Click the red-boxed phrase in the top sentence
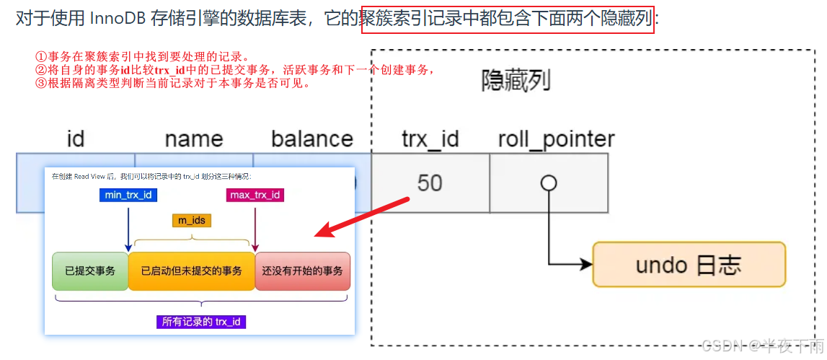click(508, 18)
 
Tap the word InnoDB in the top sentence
click(118, 19)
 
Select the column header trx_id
click(430, 139)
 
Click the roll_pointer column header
click(556, 139)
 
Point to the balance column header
click(312, 139)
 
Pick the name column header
click(194, 139)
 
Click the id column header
click(76, 139)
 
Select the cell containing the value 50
click(430, 183)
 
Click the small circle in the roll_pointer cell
click(549, 183)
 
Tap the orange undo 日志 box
click(689, 265)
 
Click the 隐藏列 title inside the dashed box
click(516, 81)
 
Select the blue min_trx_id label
click(128, 195)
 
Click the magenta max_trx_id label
click(255, 195)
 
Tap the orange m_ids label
click(192, 220)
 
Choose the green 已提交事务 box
click(90, 271)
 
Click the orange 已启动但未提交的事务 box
click(192, 271)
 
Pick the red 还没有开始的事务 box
click(302, 271)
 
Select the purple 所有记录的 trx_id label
click(201, 322)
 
